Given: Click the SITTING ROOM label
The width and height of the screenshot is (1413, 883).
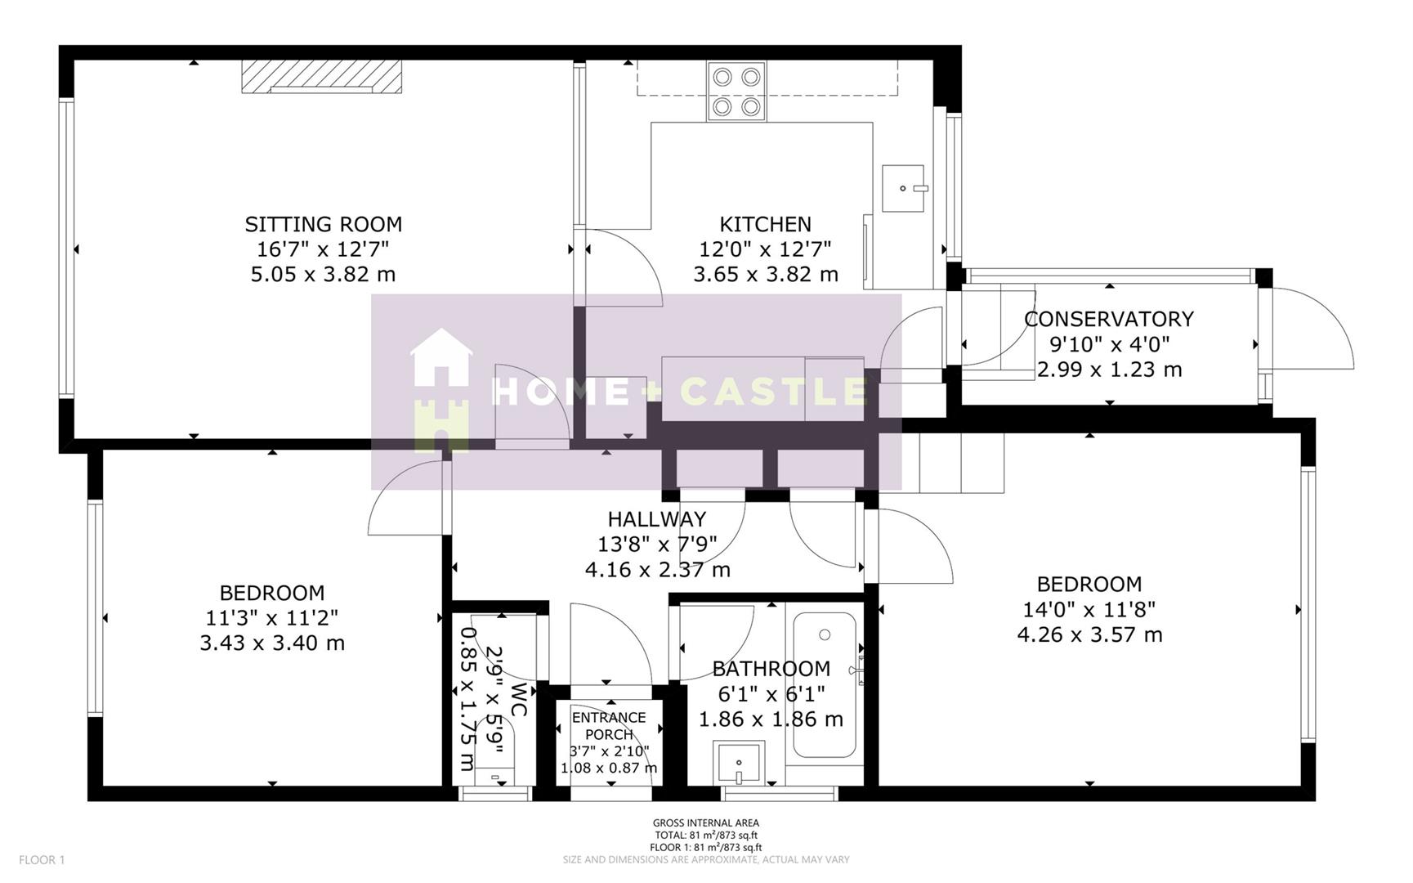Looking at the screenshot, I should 324,224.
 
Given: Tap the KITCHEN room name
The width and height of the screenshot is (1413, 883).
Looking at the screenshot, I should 765,224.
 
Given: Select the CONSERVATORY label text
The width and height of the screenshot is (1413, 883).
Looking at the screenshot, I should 1109,319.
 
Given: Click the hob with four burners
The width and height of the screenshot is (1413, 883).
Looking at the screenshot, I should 736,92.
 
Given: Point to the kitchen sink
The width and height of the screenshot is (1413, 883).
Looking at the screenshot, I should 904,188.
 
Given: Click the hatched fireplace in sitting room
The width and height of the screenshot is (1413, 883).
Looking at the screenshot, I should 322,77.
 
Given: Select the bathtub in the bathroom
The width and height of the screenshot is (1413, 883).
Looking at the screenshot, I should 825,685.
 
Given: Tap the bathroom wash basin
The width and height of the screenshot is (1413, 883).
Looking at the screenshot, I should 739,764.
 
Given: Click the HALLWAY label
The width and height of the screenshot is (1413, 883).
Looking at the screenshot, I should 656,519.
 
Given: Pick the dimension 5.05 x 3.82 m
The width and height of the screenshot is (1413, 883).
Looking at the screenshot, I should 323,274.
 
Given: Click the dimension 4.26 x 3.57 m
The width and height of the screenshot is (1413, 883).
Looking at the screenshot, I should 1089,634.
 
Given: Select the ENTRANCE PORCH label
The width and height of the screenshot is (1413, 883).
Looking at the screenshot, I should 609,726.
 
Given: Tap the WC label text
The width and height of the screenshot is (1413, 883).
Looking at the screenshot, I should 517,701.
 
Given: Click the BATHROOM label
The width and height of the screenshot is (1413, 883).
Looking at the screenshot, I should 771,669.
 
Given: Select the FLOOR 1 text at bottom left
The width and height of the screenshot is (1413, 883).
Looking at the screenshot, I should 42,859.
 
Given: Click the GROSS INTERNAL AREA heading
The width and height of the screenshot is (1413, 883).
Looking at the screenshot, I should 705,822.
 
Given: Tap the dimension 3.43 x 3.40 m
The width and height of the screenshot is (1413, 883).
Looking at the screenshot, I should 272,643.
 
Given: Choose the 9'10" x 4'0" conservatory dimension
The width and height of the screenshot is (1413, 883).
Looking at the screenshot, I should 1109,344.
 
